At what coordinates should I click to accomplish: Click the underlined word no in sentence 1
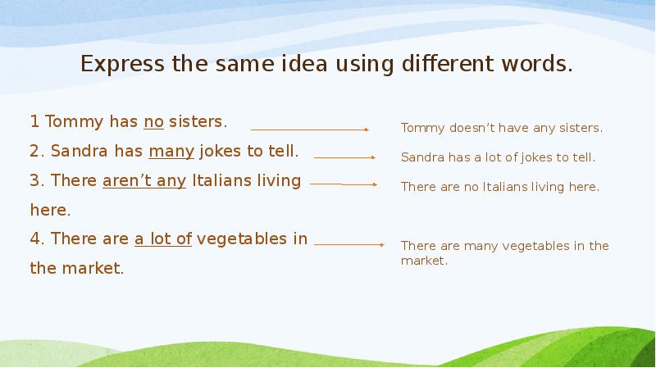click(x=154, y=122)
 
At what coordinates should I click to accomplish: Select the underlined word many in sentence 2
click(x=171, y=152)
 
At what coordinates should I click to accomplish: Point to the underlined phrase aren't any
click(x=144, y=180)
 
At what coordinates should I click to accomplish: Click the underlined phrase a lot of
click(x=162, y=239)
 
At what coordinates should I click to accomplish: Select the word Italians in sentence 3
click(x=222, y=180)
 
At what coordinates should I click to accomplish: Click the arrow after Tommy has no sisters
click(x=310, y=129)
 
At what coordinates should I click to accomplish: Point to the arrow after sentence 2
click(x=344, y=157)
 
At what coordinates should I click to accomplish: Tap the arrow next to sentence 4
click(x=349, y=244)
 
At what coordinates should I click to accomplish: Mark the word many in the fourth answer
click(x=478, y=246)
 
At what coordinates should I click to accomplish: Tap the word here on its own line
click(x=49, y=210)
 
